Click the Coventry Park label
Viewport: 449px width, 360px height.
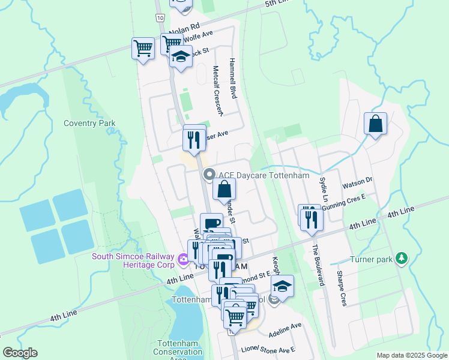coord(89,124)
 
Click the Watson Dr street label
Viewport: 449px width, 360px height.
coord(357,179)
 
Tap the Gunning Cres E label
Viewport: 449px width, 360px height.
coord(343,202)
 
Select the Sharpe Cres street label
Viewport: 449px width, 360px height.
coord(340,288)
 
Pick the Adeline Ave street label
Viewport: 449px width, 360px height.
coord(286,329)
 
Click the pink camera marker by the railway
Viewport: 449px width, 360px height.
coord(183,259)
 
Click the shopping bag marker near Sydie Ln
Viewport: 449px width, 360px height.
coord(375,124)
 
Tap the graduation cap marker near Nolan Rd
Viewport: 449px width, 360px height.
coord(180,58)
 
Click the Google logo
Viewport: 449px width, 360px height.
coord(20,353)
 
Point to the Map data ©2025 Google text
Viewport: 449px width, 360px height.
coord(411,355)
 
